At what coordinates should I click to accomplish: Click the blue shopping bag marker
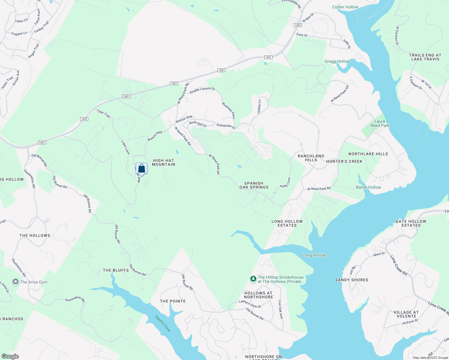pos(141,169)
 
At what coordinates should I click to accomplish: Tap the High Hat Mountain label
pos(163,163)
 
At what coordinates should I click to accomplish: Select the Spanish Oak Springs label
pos(254,185)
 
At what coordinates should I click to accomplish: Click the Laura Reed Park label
pos(380,124)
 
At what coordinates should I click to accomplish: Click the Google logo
pos(10,356)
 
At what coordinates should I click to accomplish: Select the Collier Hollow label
pos(345,7)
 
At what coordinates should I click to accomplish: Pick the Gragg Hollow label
pos(337,61)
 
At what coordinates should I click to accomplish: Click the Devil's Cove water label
pos(163,323)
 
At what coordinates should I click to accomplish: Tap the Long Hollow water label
pos(314,255)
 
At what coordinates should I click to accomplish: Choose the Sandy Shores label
pos(351,280)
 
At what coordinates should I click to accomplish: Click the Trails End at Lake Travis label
pos(425,57)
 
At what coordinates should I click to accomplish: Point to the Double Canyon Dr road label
pos(202,90)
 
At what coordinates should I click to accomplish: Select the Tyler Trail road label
pos(104,114)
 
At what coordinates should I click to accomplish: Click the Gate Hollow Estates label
pos(411,223)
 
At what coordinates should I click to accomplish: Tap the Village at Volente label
pos(406,314)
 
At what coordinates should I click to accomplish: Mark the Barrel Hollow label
pos(368,187)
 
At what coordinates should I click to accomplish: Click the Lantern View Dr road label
pos(250,304)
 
